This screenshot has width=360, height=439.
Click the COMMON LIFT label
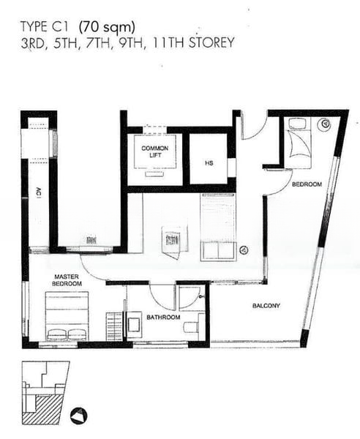coord(155,151)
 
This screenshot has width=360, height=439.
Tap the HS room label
coord(209,163)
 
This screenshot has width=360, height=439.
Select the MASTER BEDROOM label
coord(67,280)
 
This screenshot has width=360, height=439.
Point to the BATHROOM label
coord(163,318)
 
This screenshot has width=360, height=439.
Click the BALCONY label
coord(266,306)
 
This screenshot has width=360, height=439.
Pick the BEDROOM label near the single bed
coord(307,184)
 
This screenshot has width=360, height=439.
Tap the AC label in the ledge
coord(39,193)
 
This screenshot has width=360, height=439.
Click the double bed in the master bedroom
coord(67,316)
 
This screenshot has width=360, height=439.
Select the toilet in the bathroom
coord(191,326)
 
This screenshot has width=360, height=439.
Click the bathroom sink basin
coord(134,324)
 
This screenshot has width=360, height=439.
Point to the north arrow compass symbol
coord(79,416)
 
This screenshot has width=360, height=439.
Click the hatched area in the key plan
coord(42,410)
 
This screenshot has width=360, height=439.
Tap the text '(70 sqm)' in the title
coord(107,28)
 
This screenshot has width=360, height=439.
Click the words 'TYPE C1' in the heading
coord(44,27)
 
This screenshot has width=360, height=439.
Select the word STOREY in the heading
coord(211,43)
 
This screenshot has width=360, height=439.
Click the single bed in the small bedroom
coord(299,143)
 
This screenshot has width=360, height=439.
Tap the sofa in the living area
coord(218,228)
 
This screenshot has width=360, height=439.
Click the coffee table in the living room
coord(175,240)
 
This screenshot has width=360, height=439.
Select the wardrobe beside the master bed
coord(114,326)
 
